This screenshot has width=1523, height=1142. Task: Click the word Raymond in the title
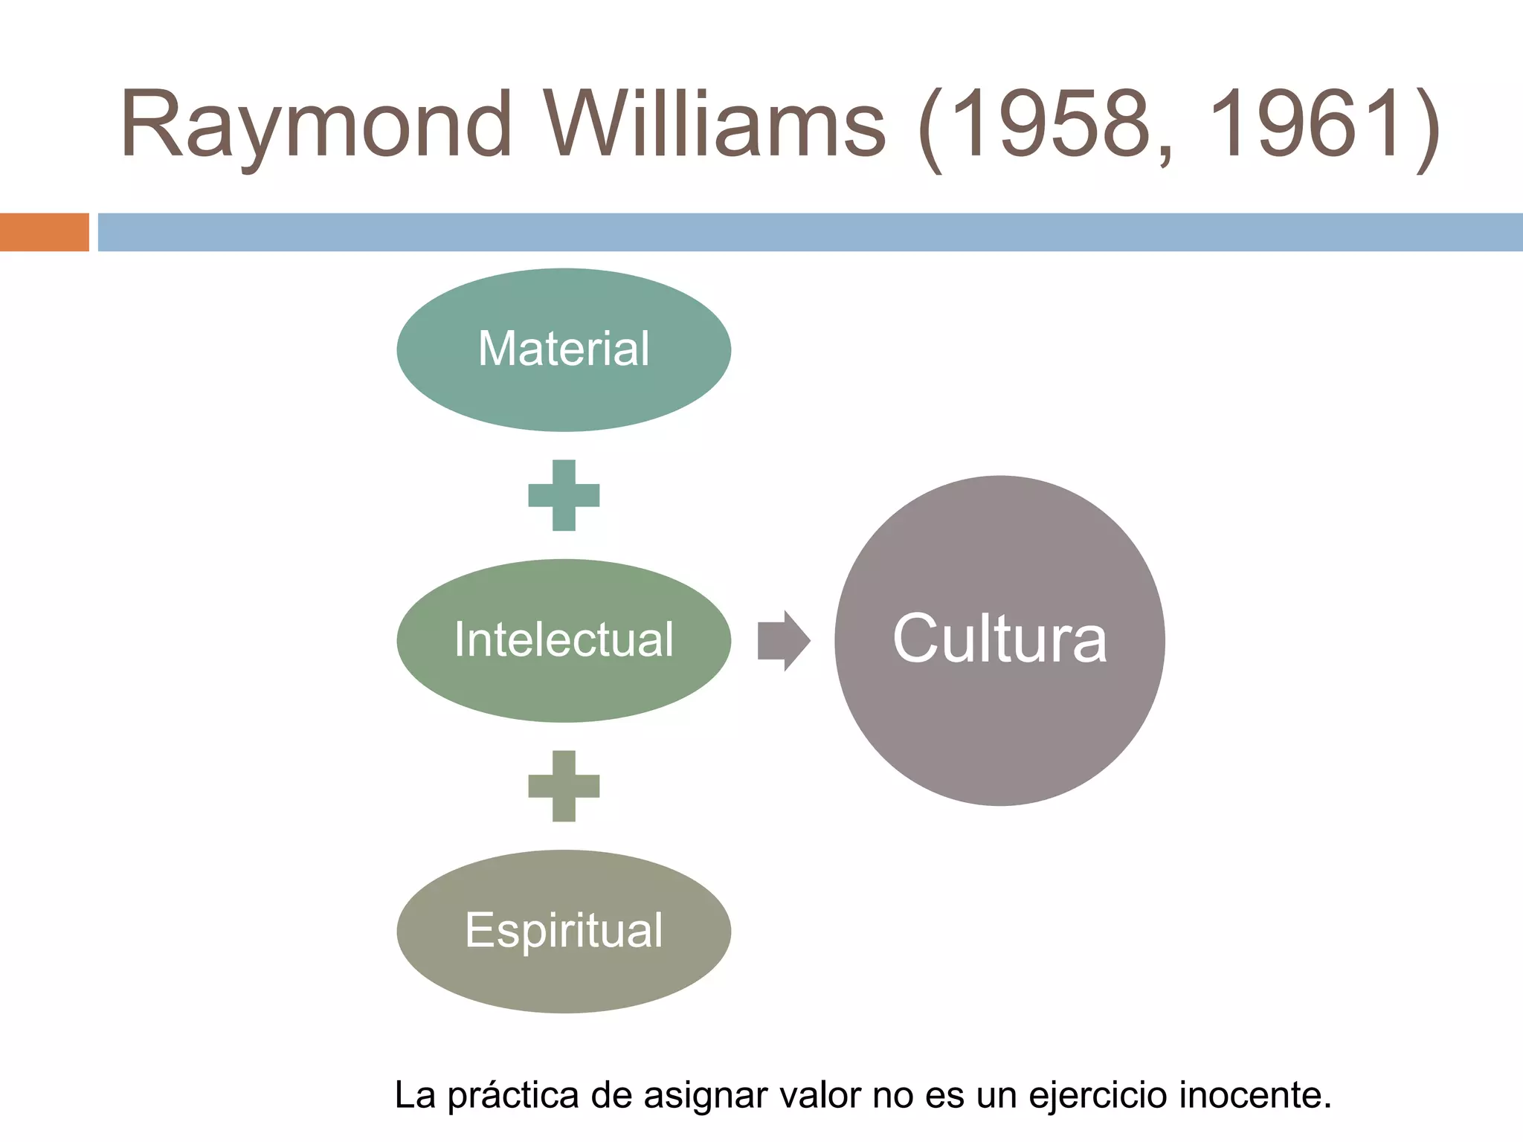pos(316,125)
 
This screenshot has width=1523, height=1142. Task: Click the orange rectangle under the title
pos(44,232)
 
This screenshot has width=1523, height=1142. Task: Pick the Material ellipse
pos(564,349)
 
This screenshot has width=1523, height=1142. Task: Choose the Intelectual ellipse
pos(564,640)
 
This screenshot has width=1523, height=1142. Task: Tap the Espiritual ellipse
pos(564,931)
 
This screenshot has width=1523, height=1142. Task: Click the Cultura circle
pos(999,640)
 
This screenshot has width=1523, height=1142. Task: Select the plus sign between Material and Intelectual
pos(564,495)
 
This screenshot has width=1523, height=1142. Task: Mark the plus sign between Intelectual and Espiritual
pos(564,786)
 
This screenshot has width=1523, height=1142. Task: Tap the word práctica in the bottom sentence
pos(513,1096)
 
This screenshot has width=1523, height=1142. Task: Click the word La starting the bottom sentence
pos(414,1096)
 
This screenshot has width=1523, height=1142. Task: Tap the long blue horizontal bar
pos(811,232)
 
